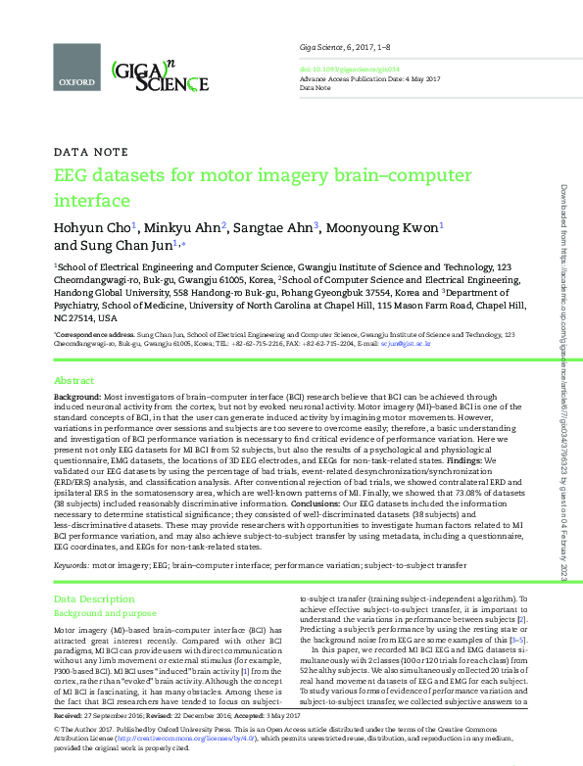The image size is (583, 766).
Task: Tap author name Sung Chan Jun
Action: click(122, 245)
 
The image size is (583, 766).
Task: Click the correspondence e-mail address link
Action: click(404, 344)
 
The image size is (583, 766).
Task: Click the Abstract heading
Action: click(74, 379)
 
